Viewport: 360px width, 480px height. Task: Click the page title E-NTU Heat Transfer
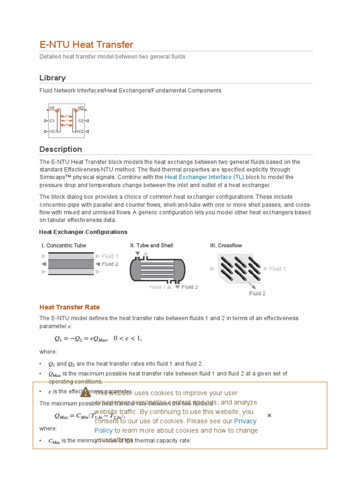(86, 45)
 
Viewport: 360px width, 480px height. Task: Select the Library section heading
(52, 78)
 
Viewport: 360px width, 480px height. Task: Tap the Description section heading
(60, 149)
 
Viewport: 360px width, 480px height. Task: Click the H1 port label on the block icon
(52, 108)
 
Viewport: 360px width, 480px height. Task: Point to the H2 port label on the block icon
(81, 108)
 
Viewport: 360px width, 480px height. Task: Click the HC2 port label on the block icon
(80, 132)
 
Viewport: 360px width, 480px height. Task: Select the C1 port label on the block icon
(52, 120)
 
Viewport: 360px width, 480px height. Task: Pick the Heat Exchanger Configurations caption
(83, 232)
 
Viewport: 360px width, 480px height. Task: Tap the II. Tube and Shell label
(151, 246)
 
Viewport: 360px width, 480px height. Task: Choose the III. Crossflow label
(226, 246)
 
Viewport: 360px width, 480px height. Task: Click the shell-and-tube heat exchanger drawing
(157, 270)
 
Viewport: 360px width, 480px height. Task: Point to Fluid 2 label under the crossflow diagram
(257, 293)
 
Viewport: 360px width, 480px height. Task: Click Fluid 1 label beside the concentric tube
(110, 256)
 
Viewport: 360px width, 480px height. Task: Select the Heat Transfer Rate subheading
(69, 307)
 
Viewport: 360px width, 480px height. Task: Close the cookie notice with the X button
(269, 415)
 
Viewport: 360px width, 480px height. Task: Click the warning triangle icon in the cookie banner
(85, 392)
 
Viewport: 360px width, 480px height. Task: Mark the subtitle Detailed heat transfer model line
(112, 57)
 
